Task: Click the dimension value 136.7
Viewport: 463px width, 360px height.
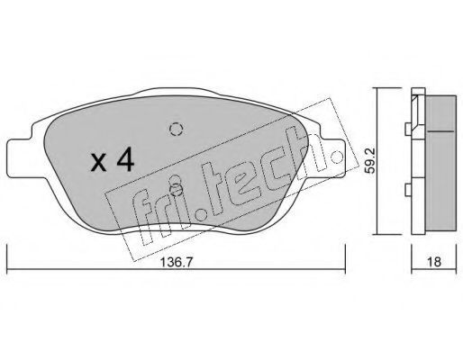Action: [176, 263]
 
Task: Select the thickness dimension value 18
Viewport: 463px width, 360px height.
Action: [434, 262]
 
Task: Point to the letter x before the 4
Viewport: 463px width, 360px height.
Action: [99, 163]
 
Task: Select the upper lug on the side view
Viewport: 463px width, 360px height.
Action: [408, 130]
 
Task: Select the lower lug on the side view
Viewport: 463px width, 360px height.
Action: [408, 190]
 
